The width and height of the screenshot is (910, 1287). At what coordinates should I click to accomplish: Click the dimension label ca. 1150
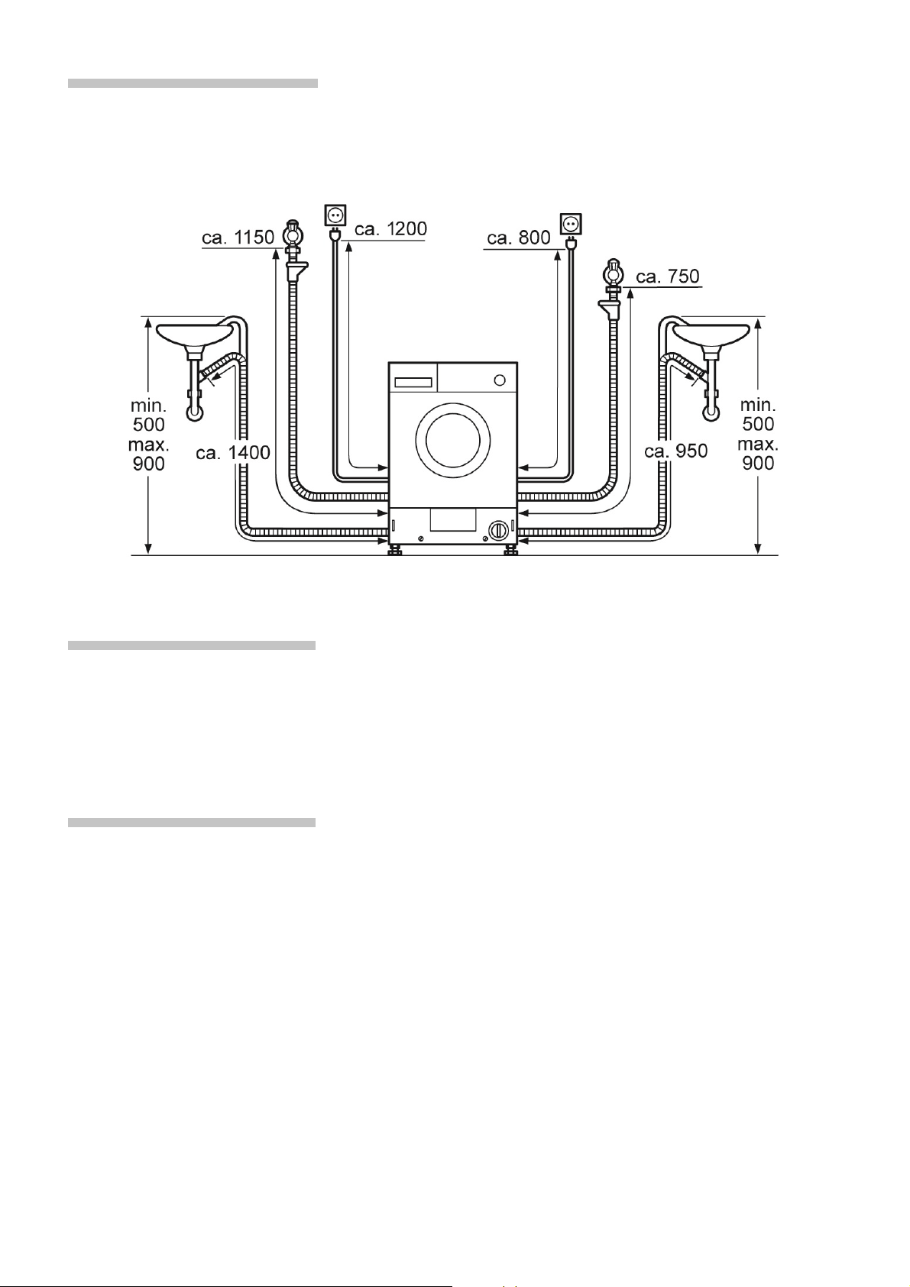(x=238, y=238)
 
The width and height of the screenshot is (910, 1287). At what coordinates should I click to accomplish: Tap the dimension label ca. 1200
(x=391, y=228)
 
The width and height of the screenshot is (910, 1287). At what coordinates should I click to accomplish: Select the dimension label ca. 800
(x=519, y=238)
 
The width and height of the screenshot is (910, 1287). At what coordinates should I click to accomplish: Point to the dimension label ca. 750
(x=668, y=276)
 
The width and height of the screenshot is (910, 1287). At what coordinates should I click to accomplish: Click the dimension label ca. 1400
(x=233, y=453)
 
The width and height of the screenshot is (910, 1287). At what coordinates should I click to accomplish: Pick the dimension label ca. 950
(x=676, y=451)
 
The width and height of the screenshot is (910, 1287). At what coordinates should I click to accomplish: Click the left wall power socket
(x=335, y=215)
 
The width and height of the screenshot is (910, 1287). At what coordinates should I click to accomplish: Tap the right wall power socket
(x=571, y=224)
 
